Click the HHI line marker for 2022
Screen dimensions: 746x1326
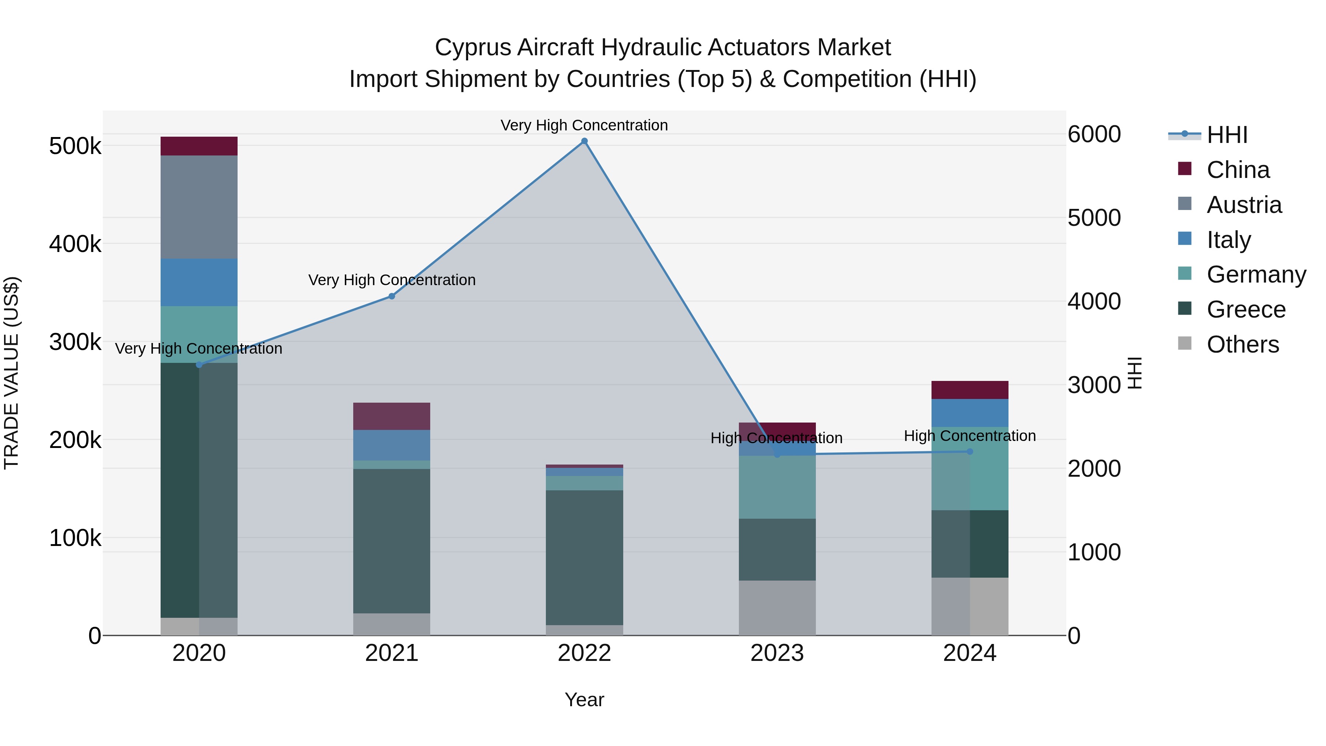click(x=584, y=141)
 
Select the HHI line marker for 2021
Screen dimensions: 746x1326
click(x=392, y=296)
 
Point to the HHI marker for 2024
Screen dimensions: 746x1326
click(x=970, y=452)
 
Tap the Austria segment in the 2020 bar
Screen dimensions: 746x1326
click(x=199, y=207)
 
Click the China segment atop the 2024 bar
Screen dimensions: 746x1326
click(x=970, y=390)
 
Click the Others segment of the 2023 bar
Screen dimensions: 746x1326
click(x=777, y=607)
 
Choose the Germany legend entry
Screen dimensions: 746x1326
click(x=1256, y=274)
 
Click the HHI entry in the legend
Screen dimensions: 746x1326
click(x=1227, y=135)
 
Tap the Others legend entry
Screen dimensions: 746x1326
click(x=1242, y=344)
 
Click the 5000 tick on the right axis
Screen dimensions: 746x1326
click(x=1094, y=218)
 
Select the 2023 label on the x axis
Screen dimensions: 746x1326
click(x=777, y=653)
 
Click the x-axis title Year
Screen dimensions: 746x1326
click(x=584, y=700)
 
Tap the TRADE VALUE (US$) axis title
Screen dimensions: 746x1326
click(x=11, y=373)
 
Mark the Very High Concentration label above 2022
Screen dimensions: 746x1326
click(x=584, y=125)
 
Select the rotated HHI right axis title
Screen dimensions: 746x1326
click(x=1134, y=373)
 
